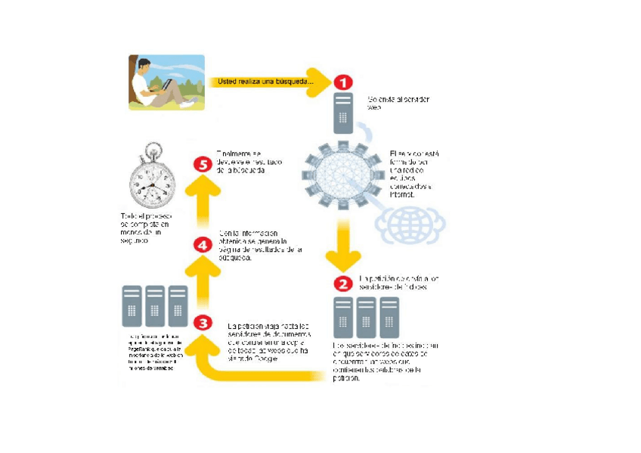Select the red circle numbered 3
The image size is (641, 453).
click(x=203, y=323)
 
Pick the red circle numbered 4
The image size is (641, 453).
click(x=202, y=245)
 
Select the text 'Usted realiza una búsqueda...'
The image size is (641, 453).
click(x=260, y=81)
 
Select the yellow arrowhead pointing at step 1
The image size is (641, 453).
click(x=321, y=81)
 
